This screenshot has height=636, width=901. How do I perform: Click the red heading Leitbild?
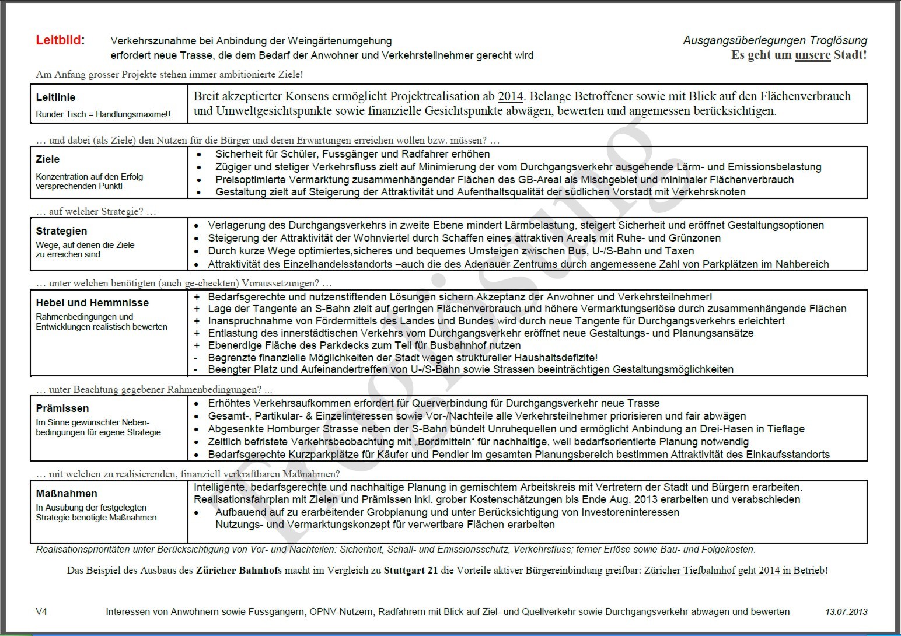tap(58, 40)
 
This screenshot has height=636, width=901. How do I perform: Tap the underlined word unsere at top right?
tap(812, 55)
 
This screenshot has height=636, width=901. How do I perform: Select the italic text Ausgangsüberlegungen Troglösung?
tap(774, 41)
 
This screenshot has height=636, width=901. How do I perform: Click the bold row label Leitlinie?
tap(55, 97)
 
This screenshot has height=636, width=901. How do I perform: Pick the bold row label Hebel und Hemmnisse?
tap(92, 303)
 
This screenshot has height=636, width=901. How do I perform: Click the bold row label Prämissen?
tap(62, 408)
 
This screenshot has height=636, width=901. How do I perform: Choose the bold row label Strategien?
tap(61, 231)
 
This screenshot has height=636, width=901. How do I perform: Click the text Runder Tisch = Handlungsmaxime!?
tap(103, 114)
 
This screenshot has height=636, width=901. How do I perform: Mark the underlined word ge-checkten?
tap(210, 284)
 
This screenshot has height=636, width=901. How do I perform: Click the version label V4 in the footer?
tap(41, 611)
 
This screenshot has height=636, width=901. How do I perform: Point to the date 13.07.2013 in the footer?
tap(846, 612)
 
